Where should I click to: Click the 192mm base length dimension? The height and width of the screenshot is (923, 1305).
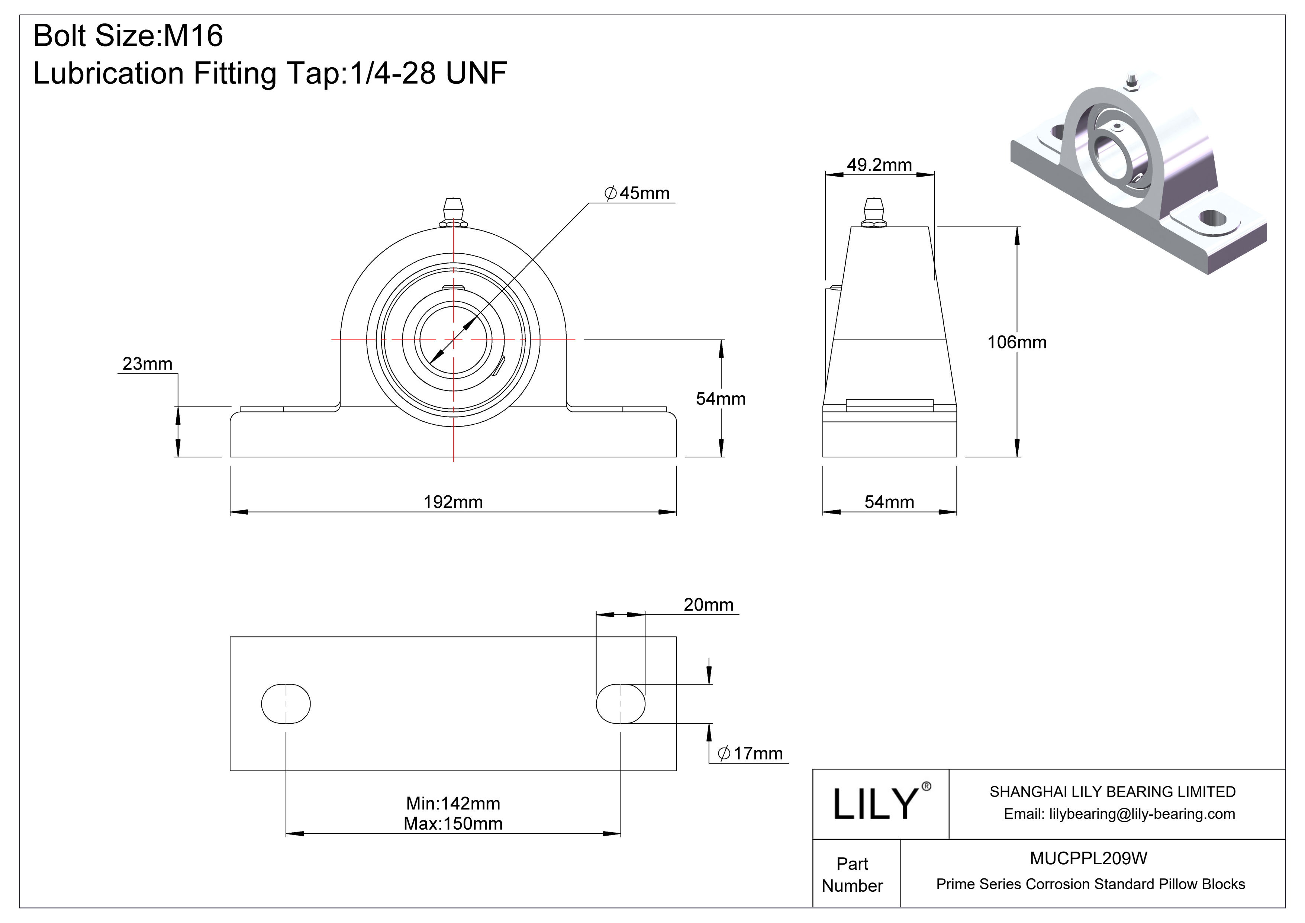[453, 502]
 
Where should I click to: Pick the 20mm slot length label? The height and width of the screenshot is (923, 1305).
[708, 604]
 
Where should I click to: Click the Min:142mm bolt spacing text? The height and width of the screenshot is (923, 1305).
[453, 803]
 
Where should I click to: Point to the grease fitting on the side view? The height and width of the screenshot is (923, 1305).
[874, 212]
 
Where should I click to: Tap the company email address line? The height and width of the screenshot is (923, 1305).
[1119, 814]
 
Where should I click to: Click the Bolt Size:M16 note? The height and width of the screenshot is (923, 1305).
[128, 35]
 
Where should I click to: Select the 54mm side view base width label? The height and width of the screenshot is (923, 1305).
[889, 502]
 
